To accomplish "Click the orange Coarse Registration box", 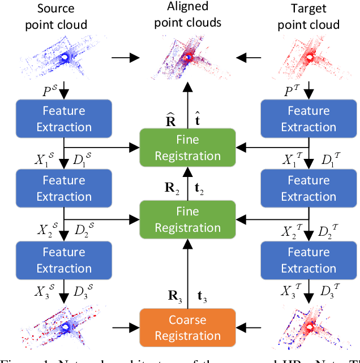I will (x=187, y=327).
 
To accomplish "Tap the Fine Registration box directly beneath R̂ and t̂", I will (x=187, y=148).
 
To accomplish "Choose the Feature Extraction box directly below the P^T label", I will (x=308, y=119).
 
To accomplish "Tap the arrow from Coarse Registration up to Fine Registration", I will (x=187, y=277).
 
